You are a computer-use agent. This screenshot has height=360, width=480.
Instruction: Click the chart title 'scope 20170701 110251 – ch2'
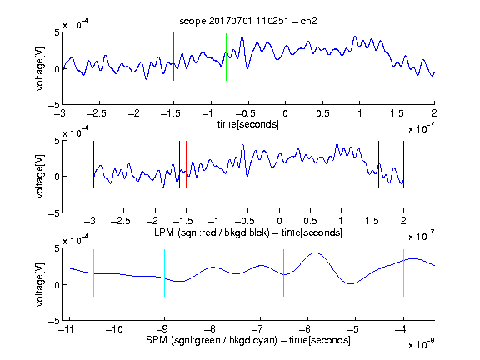tap(248, 21)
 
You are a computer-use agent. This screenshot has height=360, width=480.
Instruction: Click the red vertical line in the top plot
tap(173, 57)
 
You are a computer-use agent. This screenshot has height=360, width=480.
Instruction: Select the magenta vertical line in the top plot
tap(397, 57)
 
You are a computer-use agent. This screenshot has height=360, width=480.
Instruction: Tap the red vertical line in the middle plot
tap(186, 165)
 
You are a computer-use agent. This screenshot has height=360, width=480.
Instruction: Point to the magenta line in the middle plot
tap(372, 165)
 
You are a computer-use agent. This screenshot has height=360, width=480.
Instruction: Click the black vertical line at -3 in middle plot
tap(93, 165)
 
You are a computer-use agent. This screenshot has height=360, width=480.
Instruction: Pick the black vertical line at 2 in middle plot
tap(403, 165)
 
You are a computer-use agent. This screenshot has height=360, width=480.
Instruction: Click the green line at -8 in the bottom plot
tap(212, 272)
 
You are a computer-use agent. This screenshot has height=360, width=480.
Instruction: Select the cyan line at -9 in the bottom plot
tap(164, 272)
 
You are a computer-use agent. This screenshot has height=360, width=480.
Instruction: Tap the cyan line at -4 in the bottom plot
tap(403, 272)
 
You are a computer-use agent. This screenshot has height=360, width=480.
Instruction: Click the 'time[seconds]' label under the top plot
tap(248, 124)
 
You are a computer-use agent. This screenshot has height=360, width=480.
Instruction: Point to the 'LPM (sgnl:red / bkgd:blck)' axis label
tap(212, 232)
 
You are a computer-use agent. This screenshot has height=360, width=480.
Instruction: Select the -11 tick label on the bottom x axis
tap(67, 329)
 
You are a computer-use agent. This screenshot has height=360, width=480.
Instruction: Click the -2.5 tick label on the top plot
tap(97, 113)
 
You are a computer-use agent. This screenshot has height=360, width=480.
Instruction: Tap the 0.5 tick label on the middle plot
tap(310, 221)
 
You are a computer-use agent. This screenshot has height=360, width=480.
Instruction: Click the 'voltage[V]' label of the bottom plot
tap(40, 284)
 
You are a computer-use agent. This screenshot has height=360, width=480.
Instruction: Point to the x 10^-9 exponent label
tap(421, 344)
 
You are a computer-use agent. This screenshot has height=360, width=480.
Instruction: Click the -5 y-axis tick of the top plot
tap(54, 105)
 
